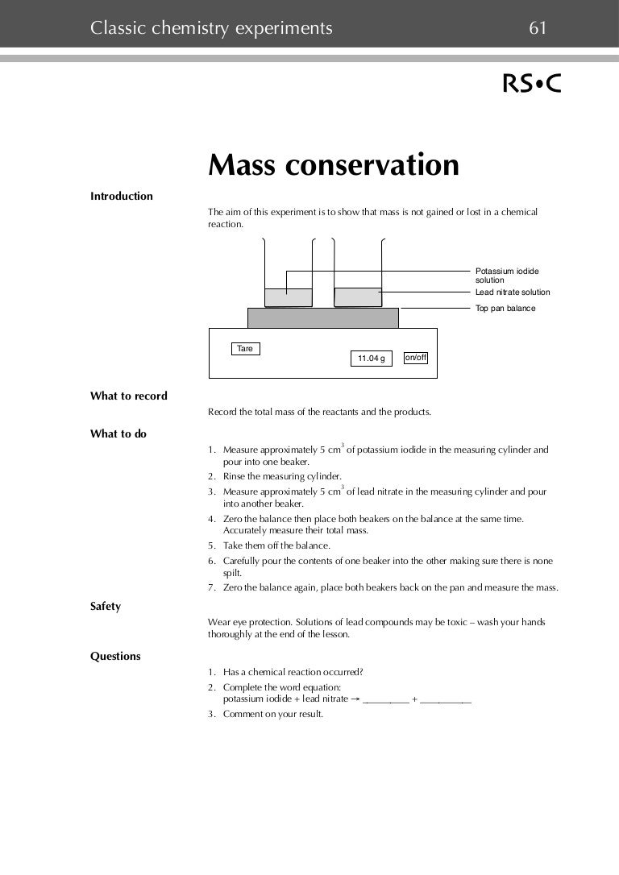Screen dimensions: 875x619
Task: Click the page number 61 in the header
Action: pos(538,29)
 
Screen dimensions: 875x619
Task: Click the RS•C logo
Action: pos(532,84)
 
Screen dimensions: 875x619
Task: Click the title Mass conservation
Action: pos(334,165)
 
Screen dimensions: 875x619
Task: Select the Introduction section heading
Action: pos(122,196)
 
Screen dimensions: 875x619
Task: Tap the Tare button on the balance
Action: pos(246,349)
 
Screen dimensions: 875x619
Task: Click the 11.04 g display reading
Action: pos(371,359)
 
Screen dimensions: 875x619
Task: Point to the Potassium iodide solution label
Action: pos(507,276)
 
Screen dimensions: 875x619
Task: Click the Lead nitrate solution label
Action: pos(513,292)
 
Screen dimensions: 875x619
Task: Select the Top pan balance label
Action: pos(505,309)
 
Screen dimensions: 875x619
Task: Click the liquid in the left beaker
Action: pos(288,297)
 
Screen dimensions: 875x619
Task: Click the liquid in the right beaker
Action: pos(358,297)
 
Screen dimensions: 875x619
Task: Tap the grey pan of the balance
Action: pos(322,317)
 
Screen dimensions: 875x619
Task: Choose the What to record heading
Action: pos(129,396)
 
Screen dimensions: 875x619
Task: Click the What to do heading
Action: pos(118,433)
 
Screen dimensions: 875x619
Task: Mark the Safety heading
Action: pos(106,606)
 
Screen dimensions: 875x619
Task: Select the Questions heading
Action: pos(115,656)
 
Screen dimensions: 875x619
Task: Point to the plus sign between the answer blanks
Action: pos(415,699)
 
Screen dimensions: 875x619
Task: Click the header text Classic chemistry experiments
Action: pos(211,29)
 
